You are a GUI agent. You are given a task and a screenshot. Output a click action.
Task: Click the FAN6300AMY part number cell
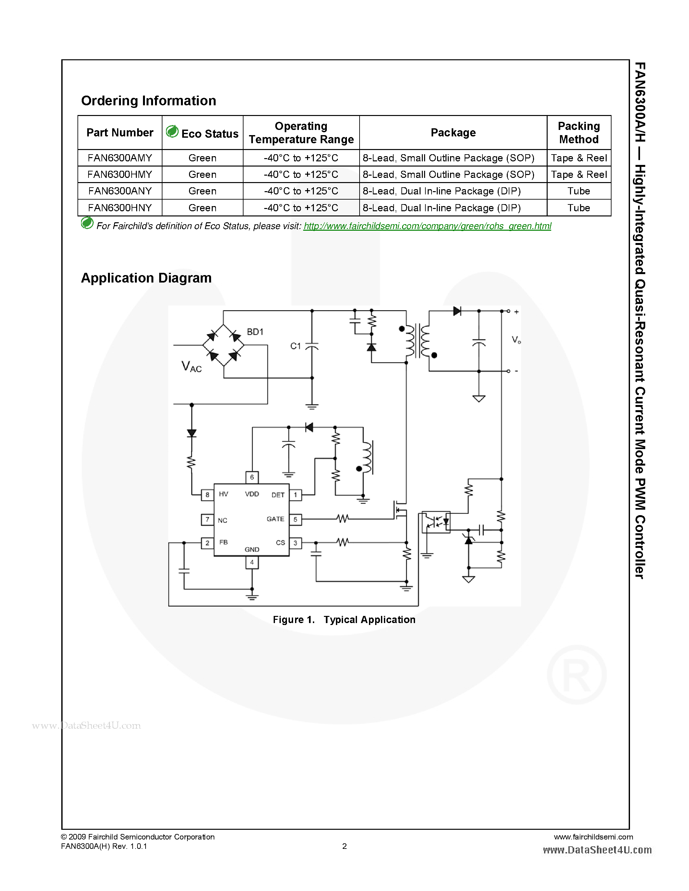point(120,158)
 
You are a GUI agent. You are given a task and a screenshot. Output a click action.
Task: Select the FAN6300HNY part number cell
point(120,208)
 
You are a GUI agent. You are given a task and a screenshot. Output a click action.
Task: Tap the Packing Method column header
point(578,133)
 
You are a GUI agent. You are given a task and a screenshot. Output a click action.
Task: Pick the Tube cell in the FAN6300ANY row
point(578,191)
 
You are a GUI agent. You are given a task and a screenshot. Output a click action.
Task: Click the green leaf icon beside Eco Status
point(172,131)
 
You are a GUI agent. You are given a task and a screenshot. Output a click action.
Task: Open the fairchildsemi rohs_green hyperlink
point(427,226)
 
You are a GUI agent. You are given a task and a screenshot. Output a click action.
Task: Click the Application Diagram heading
point(146,278)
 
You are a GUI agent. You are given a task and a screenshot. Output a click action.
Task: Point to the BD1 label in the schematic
point(255,332)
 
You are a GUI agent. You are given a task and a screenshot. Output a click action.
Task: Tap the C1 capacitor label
point(295,346)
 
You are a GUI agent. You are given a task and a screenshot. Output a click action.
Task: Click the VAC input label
point(191,366)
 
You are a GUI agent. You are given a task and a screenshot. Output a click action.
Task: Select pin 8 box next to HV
point(208,495)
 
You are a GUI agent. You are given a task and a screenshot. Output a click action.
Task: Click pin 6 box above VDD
point(252,477)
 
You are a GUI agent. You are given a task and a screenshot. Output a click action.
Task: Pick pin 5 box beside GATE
point(295,519)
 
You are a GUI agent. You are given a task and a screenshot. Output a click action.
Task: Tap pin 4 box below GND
point(252,562)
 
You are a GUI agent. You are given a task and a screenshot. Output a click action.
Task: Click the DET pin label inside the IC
point(278,495)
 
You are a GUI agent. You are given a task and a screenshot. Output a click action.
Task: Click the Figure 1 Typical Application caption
point(344,620)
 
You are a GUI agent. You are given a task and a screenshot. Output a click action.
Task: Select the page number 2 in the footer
point(344,846)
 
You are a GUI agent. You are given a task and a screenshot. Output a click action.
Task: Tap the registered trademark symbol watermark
point(576,675)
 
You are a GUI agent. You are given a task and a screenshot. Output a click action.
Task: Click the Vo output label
point(516,340)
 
